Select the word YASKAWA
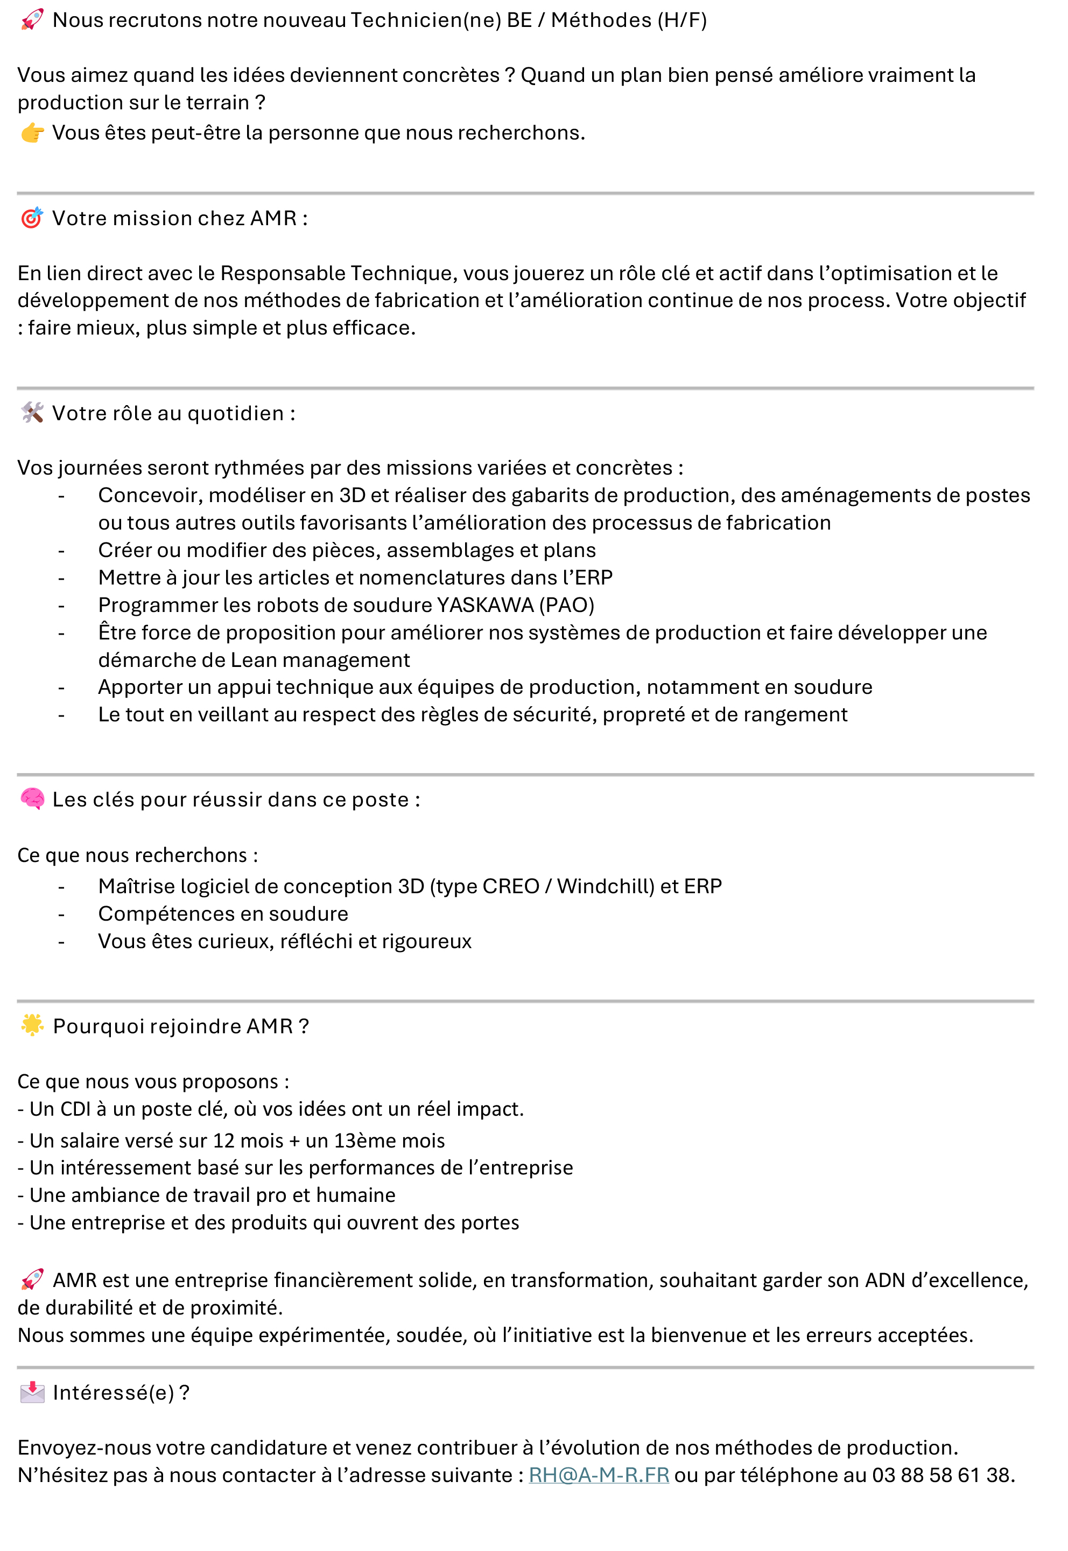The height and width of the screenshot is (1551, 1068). click(485, 605)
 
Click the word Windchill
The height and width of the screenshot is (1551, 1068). click(606, 886)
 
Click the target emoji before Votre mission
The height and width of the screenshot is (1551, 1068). click(31, 218)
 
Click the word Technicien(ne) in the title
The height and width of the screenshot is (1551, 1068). click(426, 20)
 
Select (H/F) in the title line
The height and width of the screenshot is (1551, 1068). click(682, 20)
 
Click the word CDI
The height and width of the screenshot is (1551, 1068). click(75, 1109)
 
